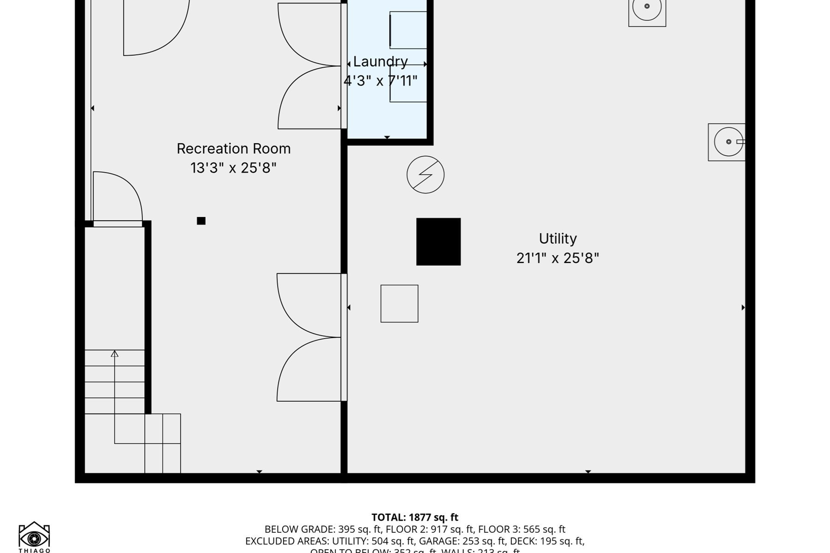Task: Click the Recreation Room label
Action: (233, 149)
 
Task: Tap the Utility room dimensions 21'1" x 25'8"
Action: (557, 258)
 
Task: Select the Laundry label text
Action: (380, 62)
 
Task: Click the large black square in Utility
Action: (438, 241)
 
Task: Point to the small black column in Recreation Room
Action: (201, 221)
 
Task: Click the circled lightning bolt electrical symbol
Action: (425, 175)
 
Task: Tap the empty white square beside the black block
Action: (399, 303)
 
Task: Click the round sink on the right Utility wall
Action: (728, 142)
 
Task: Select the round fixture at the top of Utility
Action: (647, 8)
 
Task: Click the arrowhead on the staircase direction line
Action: (114, 353)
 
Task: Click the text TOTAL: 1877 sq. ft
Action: (415, 518)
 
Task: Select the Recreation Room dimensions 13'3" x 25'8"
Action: (233, 168)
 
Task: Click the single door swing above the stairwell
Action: (118, 198)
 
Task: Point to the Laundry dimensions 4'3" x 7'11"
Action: (380, 81)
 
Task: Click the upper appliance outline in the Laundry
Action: (408, 30)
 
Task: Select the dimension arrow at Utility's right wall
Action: (743, 307)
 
